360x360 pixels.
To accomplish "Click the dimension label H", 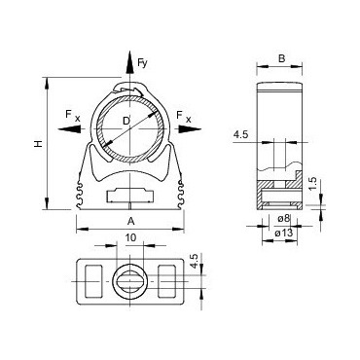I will click(x=38, y=144).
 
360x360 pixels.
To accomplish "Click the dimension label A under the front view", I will click(x=129, y=220).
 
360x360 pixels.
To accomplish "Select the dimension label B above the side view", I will click(x=281, y=59).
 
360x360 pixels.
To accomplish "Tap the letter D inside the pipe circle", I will click(x=126, y=123).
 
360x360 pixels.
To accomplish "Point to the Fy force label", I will click(x=142, y=63).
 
